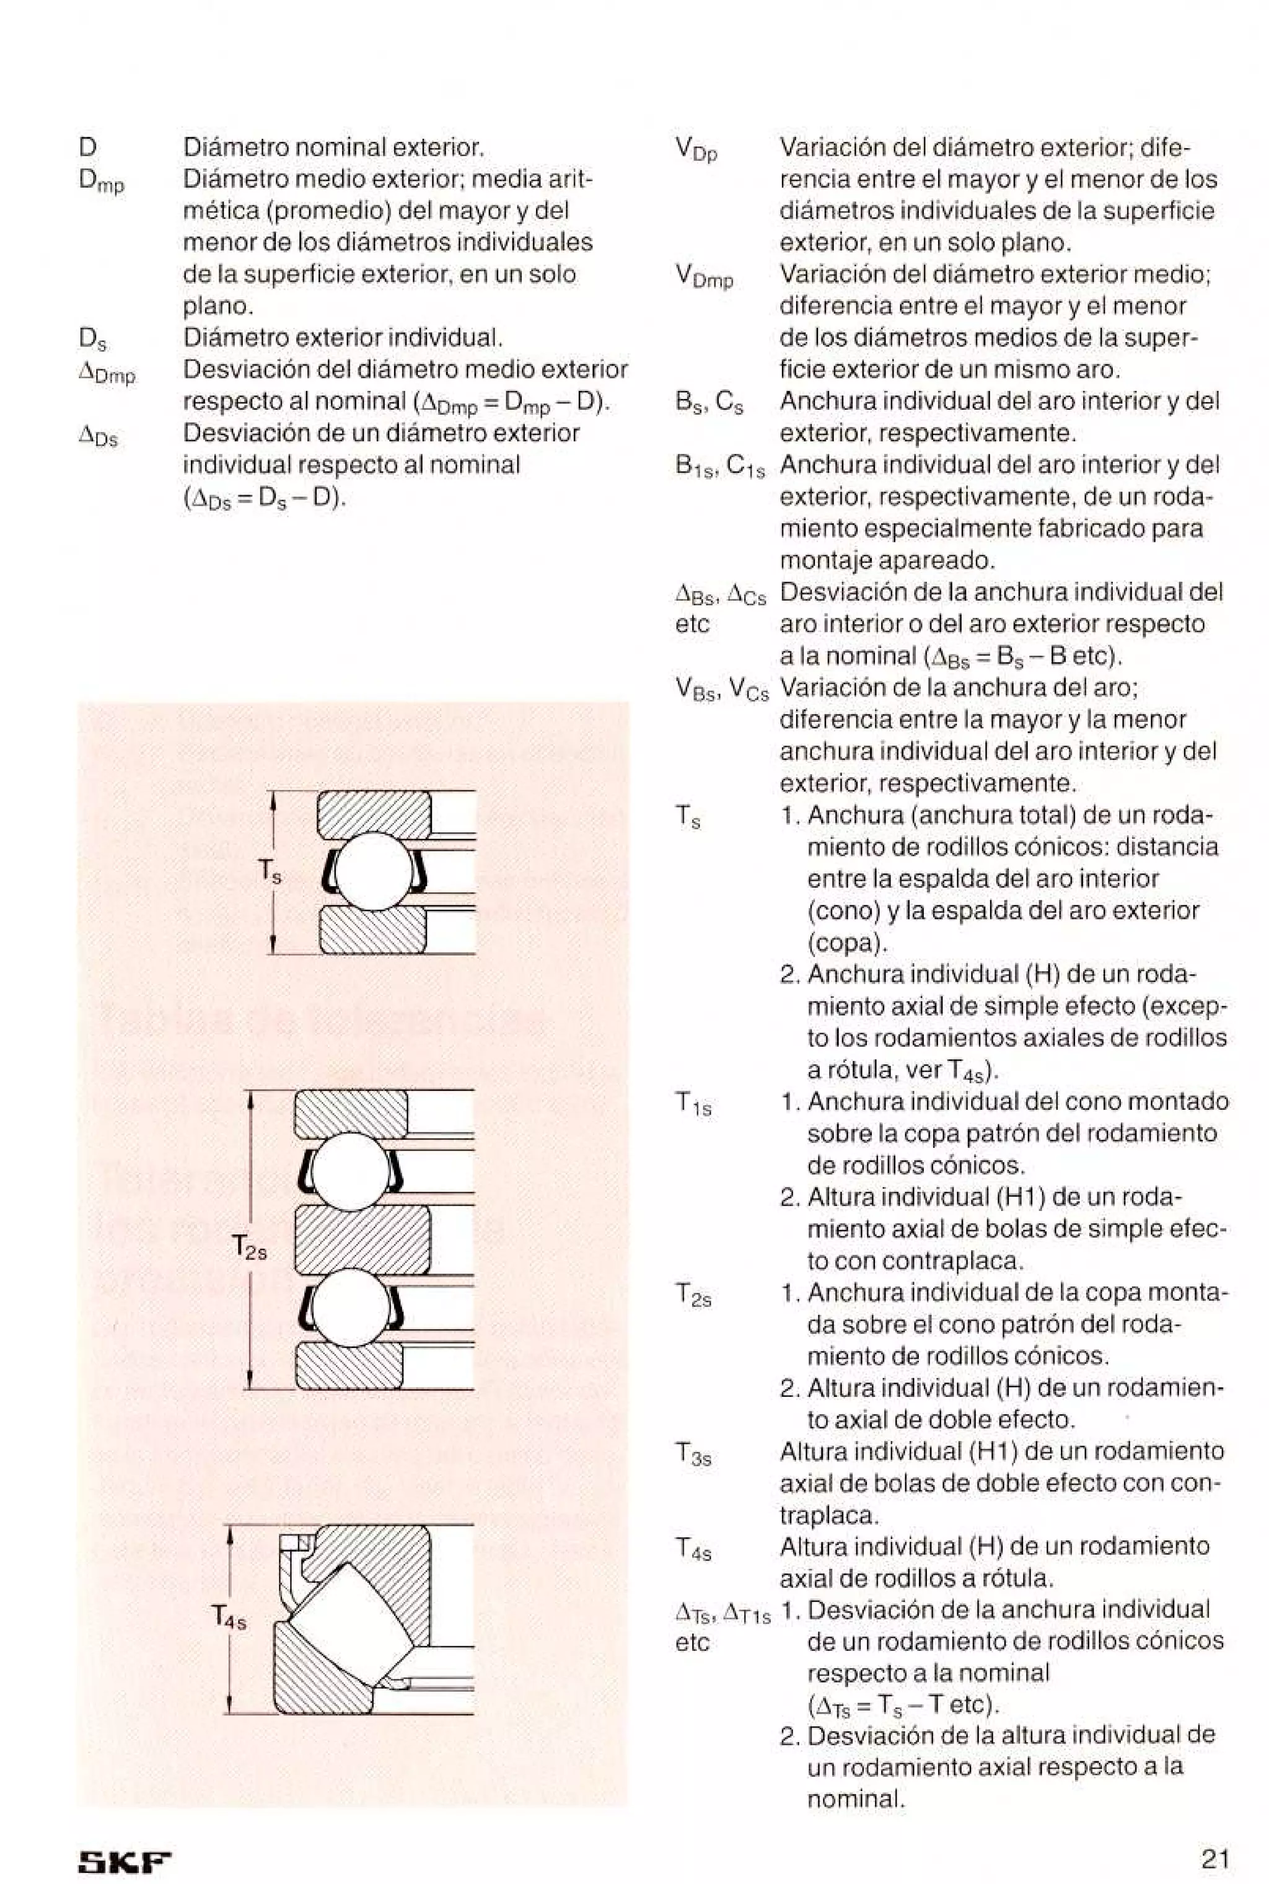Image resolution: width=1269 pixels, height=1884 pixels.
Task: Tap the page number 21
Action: [1214, 1836]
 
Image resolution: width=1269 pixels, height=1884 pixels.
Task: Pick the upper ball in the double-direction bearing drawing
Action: [351, 1170]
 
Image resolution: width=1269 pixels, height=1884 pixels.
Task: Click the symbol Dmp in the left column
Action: [101, 180]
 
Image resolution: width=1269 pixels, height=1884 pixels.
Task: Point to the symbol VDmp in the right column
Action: [703, 277]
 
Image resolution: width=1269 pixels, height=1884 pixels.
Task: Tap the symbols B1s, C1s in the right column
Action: [719, 467]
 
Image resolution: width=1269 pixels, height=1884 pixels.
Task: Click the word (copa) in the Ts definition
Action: [848, 943]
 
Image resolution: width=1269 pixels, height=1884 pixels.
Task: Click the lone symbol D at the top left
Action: [88, 148]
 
